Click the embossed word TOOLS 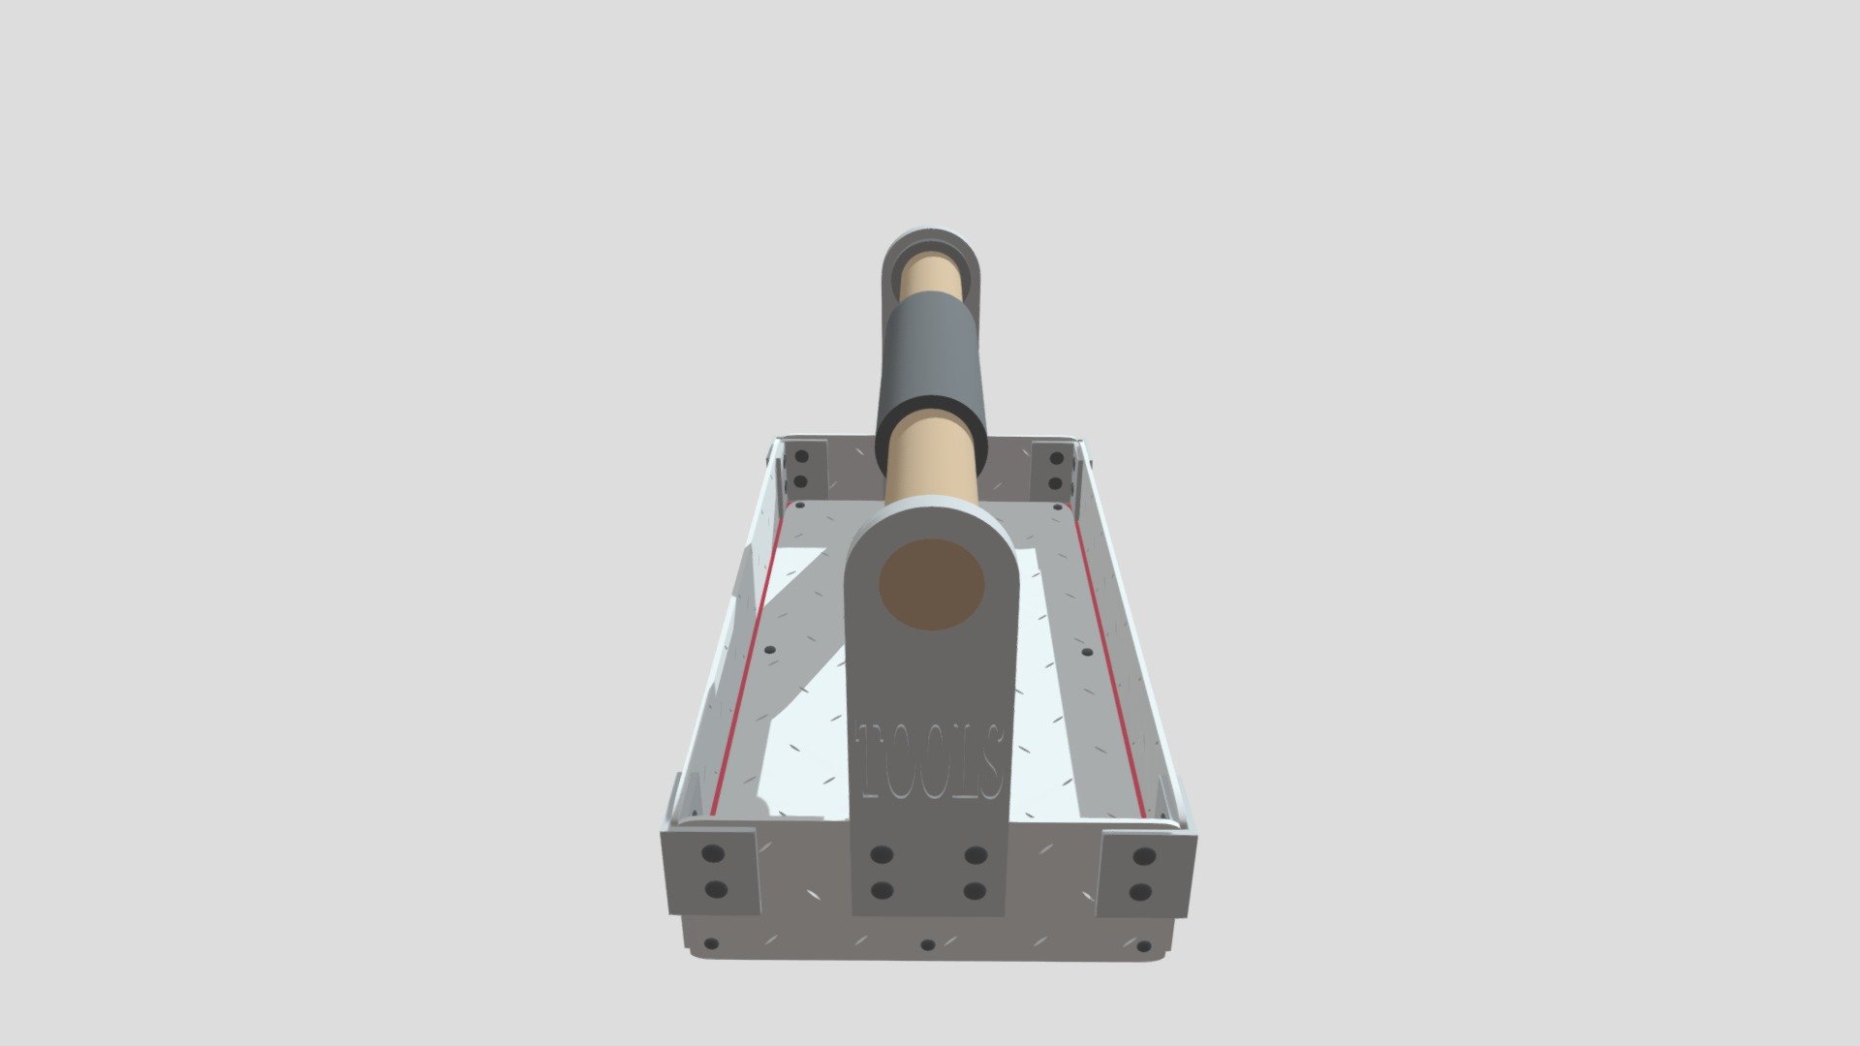pyautogui.click(x=930, y=761)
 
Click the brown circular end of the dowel pyautogui.click(x=931, y=585)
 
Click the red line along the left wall pyautogui.click(x=746, y=659)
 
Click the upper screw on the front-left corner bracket pyautogui.click(x=713, y=854)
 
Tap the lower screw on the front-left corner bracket pyautogui.click(x=716, y=889)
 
